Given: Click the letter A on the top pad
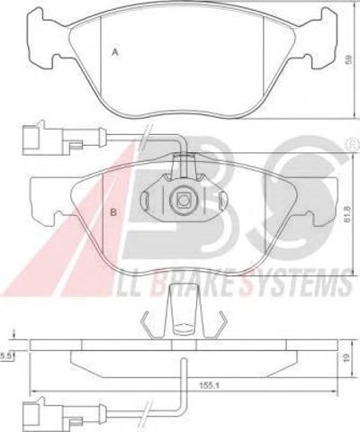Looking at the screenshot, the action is (115, 52).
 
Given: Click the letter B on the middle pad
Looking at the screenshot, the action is (113, 212).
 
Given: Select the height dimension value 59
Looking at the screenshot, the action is (348, 59).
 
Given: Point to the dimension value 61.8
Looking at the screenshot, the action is (347, 214).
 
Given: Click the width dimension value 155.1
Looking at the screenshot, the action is (210, 385).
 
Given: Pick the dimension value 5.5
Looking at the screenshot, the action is (5, 356).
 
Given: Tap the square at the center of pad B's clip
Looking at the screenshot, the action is (183, 200).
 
